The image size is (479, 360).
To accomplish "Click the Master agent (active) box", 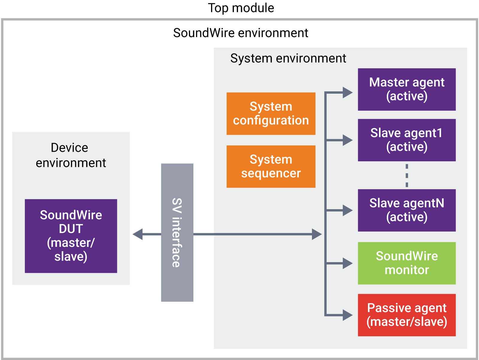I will click(x=407, y=89).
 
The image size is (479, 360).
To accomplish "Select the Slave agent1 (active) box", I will click(x=407, y=140).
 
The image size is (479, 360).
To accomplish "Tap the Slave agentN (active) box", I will click(x=407, y=210).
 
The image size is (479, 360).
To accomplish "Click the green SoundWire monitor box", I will click(x=407, y=263).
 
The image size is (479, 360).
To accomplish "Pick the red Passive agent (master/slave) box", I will click(x=407, y=315).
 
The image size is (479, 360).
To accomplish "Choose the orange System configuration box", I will click(x=271, y=114).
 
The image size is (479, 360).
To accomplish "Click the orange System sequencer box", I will click(x=271, y=167).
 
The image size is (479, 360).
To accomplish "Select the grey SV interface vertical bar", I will click(x=177, y=232).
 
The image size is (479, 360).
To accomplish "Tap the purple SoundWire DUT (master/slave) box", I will click(x=71, y=236).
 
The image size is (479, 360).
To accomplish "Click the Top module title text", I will click(x=241, y=8).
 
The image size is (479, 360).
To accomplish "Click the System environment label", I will click(x=288, y=58).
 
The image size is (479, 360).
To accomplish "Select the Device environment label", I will click(x=71, y=155).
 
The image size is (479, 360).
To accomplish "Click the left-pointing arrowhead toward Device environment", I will click(x=138, y=234).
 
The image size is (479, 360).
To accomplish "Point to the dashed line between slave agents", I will click(x=407, y=176).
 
